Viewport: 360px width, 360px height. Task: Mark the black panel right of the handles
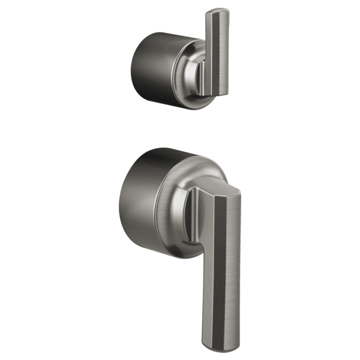pos(301,180)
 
